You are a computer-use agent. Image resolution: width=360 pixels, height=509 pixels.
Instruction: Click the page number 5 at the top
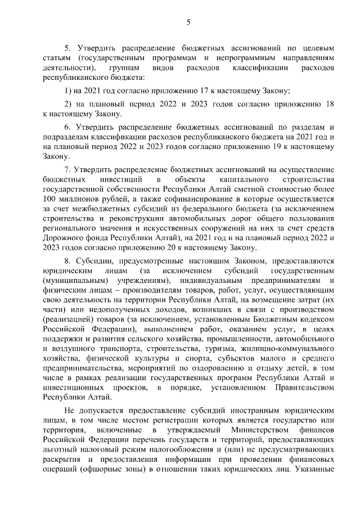tap(189, 22)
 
